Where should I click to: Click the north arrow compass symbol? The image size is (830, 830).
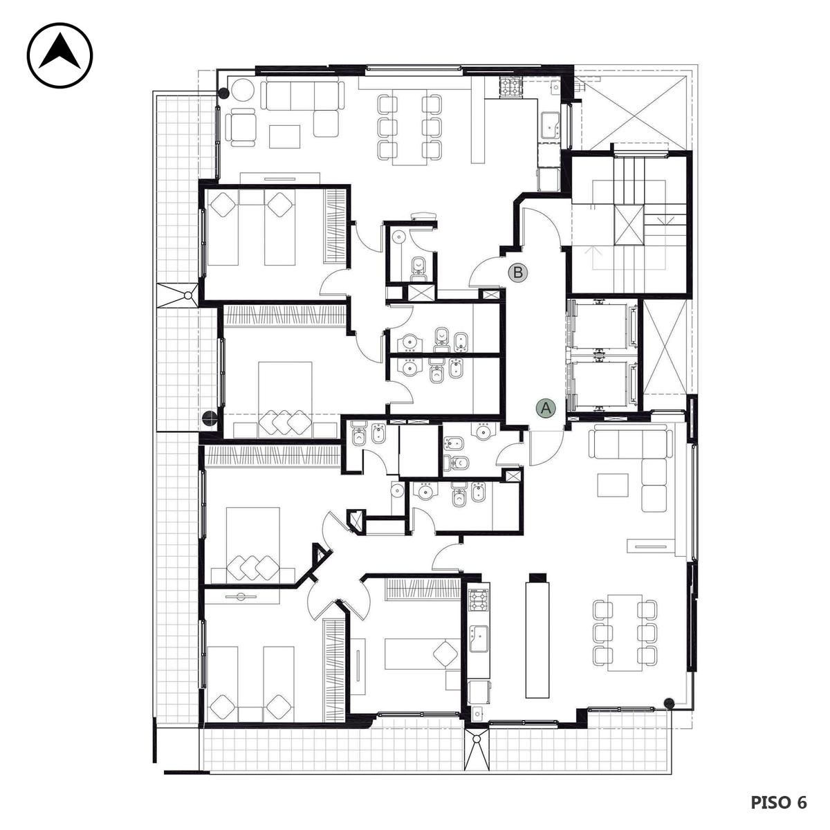point(59,55)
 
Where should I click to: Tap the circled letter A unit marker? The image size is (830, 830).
point(546,407)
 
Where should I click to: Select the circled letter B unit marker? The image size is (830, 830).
point(518,273)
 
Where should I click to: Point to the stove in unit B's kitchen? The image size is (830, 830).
point(512,87)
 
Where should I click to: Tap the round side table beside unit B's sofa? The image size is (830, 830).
point(243,90)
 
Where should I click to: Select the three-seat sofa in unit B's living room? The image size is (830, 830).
point(303,96)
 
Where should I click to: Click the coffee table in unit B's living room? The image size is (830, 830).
point(285,136)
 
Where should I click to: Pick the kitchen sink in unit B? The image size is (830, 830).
point(550,125)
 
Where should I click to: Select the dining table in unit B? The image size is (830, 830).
point(409,127)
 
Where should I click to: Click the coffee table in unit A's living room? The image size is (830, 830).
point(613,486)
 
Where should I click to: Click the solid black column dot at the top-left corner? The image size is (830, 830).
point(223,93)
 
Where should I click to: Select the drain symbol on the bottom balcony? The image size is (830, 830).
point(477,739)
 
